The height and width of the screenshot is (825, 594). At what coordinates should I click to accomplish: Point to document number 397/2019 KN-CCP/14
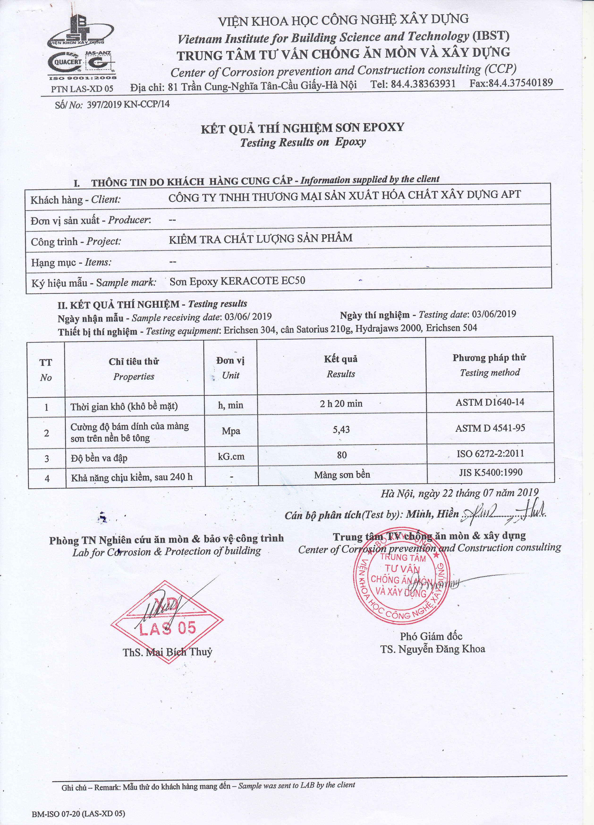click(x=128, y=104)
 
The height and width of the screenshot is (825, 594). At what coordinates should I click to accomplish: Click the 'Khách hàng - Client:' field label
click(x=75, y=200)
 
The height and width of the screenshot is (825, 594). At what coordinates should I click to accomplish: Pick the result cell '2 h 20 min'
click(x=341, y=403)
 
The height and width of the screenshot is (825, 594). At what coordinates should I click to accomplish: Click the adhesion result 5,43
click(x=341, y=429)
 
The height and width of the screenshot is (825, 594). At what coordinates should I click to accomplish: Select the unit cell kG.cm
click(x=231, y=456)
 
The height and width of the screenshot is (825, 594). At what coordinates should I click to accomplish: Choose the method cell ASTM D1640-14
click(x=490, y=402)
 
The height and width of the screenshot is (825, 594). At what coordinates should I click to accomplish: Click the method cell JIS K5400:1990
click(x=491, y=472)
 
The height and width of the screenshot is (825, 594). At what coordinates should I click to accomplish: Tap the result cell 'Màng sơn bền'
click(x=342, y=475)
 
